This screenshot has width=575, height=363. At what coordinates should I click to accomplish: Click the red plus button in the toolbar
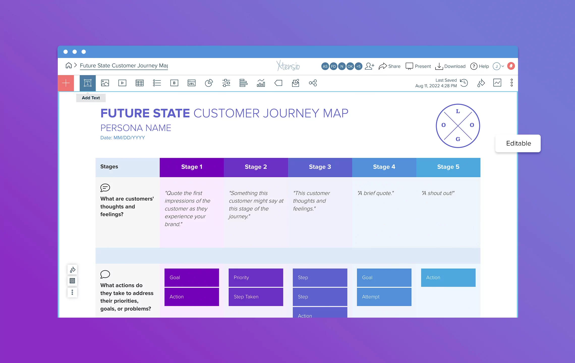coord(66,83)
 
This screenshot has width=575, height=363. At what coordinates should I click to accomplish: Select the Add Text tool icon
coord(88,83)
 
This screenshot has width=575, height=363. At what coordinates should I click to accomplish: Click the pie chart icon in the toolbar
coord(209,83)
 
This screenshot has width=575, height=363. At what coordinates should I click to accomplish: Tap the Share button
coord(389,66)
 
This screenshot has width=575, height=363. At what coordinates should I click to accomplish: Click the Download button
coord(450,66)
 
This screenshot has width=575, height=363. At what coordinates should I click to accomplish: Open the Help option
coord(479,66)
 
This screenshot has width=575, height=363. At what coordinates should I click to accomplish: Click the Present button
coord(418,66)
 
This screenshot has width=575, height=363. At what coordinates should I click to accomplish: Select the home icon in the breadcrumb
coord(69,66)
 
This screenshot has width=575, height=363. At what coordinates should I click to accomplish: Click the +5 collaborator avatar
coord(358,66)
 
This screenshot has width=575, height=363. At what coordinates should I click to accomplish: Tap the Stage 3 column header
coord(320,167)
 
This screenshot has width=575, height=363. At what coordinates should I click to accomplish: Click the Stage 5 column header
coord(448,167)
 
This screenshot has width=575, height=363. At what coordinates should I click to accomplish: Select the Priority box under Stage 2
coord(256,277)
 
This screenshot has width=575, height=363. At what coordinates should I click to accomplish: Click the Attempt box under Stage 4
coord(384,297)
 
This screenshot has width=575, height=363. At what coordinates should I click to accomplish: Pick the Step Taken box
coord(256,297)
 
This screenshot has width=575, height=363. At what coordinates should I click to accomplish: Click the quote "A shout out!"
coord(438,193)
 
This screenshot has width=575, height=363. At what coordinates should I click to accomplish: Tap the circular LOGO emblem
coord(458,126)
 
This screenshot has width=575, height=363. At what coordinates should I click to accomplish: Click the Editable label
coord(518,143)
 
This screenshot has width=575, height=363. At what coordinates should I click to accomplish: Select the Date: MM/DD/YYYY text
coord(123,138)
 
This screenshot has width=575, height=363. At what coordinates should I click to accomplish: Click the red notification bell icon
coord(511,66)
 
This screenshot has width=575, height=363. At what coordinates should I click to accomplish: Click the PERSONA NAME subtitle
coord(136,128)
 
